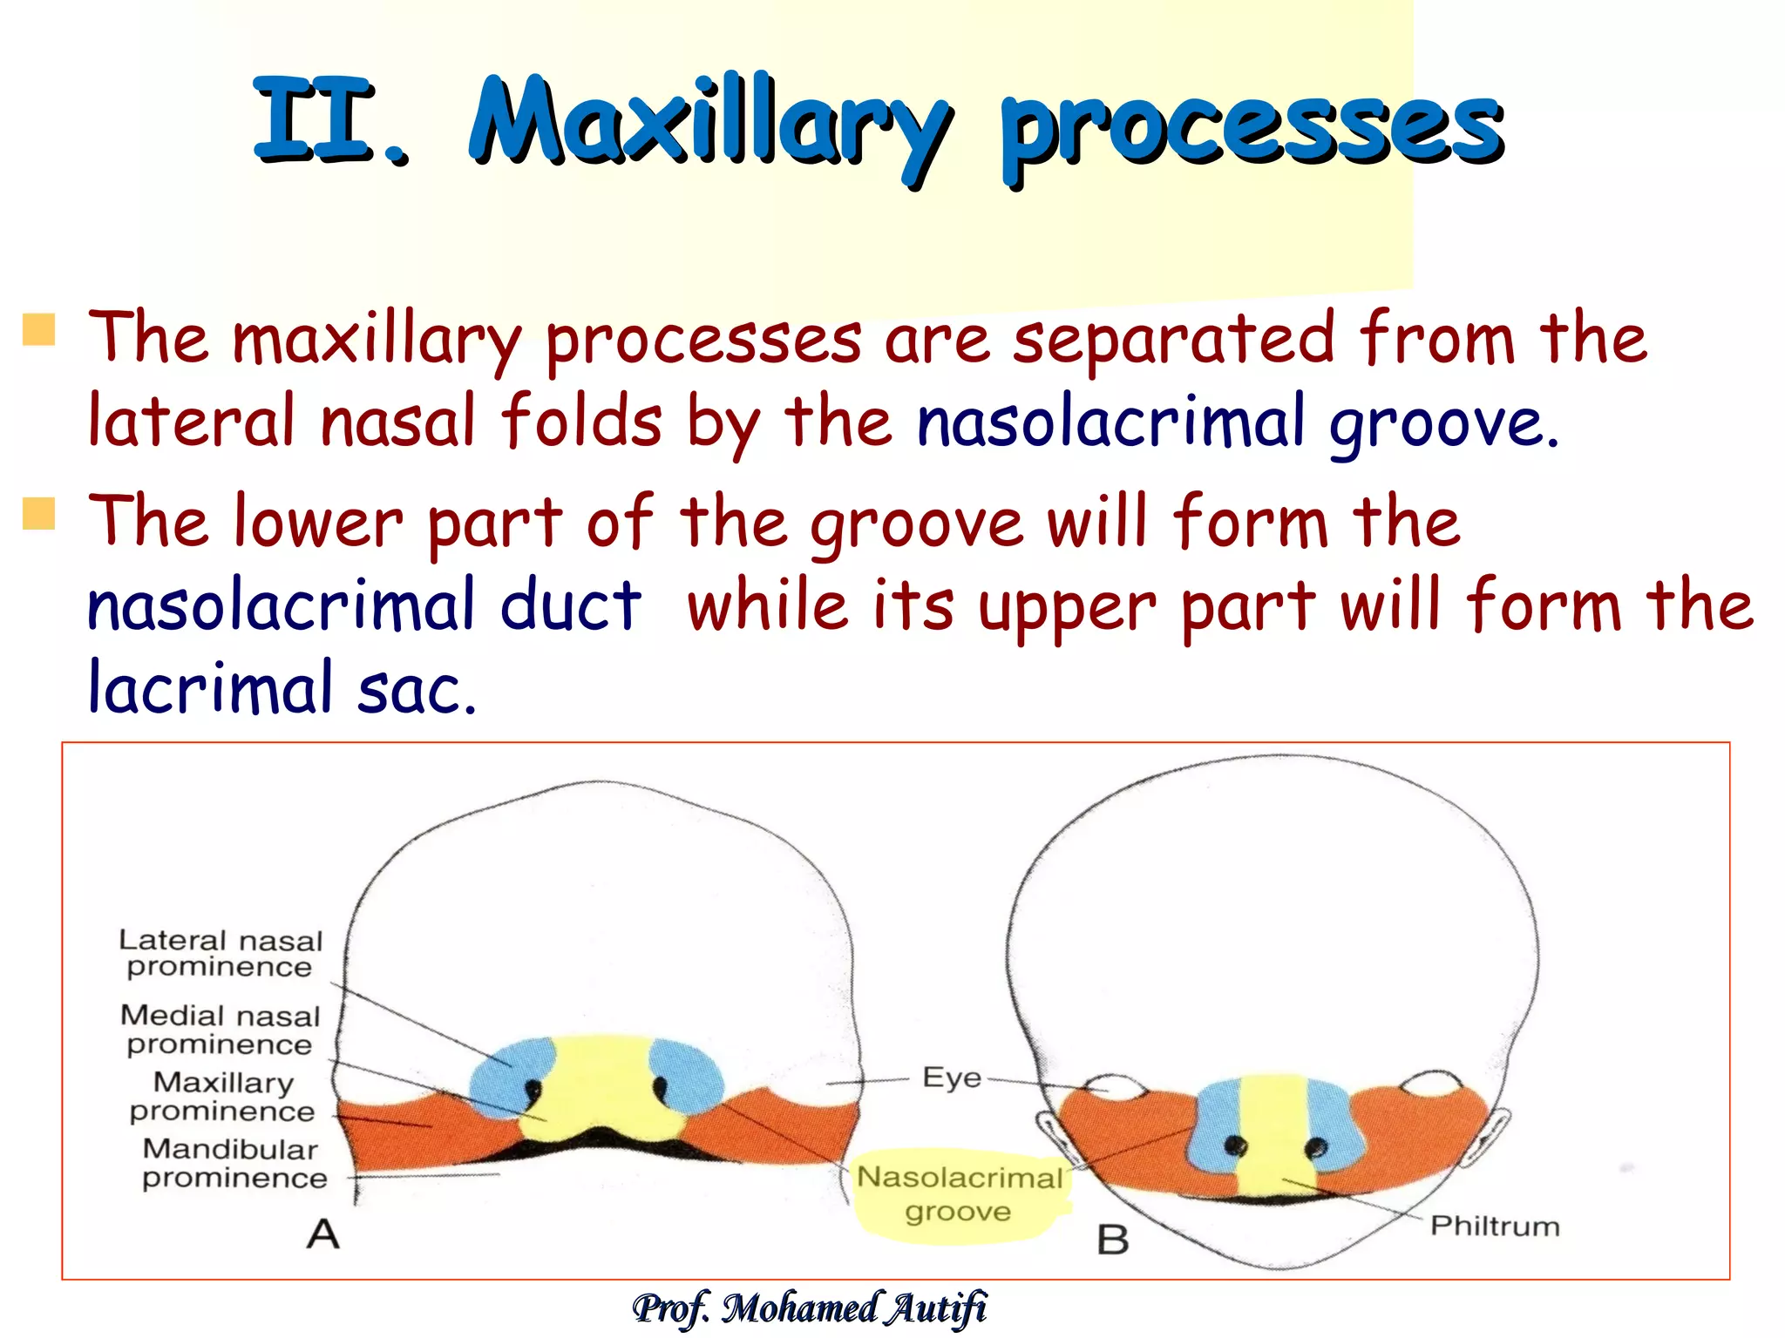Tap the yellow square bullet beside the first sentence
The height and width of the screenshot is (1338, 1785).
click(x=39, y=330)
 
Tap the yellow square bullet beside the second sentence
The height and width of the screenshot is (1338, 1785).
click(x=39, y=513)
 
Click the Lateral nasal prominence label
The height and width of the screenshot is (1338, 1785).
click(x=221, y=954)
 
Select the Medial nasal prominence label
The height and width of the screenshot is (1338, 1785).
click(x=221, y=1030)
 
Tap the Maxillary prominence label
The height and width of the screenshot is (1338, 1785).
click(x=223, y=1097)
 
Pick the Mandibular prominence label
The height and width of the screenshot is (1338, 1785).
click(x=234, y=1164)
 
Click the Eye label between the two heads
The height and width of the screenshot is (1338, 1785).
click(x=951, y=1078)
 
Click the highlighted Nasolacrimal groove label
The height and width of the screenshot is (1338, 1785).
click(x=959, y=1194)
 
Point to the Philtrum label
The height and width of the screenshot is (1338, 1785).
click(x=1494, y=1226)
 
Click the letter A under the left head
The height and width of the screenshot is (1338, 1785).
click(x=322, y=1234)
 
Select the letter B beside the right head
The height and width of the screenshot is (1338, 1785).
click(x=1113, y=1240)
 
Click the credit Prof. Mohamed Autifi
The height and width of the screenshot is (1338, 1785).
click(x=811, y=1309)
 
